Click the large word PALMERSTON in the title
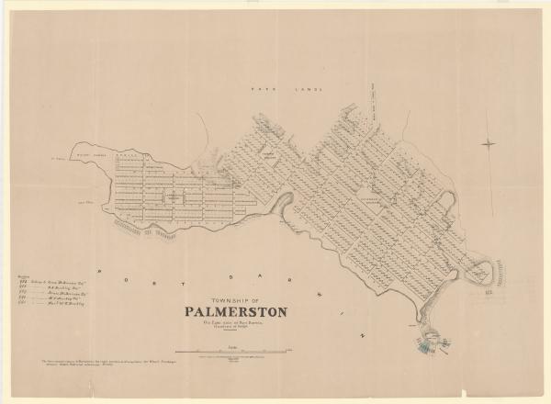(235, 312)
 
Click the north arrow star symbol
(489, 144)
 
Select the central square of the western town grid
(171, 196)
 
